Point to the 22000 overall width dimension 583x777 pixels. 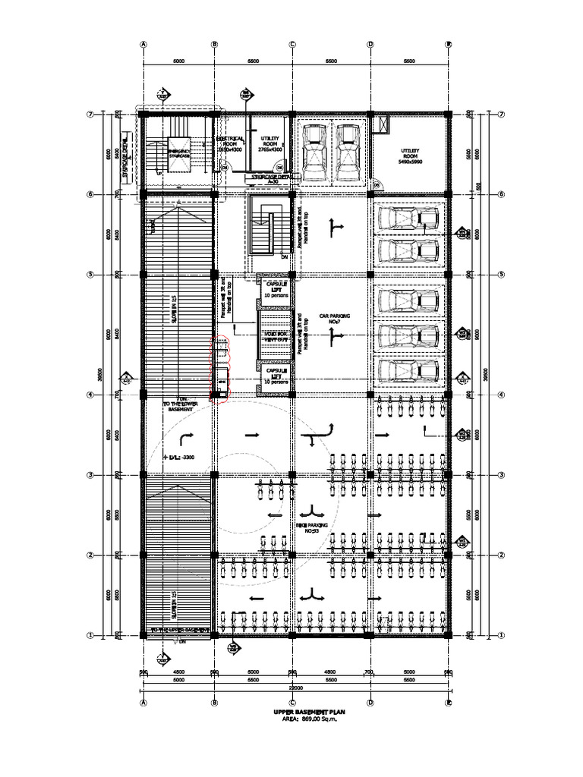(295, 687)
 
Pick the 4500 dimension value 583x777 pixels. (178, 672)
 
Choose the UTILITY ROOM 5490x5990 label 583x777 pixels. (410, 156)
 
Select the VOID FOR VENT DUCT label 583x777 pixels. (273, 334)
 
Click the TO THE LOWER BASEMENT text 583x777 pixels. (179, 406)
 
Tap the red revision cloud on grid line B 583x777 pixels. (221, 370)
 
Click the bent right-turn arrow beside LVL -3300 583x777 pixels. (188, 437)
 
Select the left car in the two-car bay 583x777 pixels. (313, 149)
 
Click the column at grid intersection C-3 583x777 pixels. (292, 475)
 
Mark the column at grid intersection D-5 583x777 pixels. (370, 274)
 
